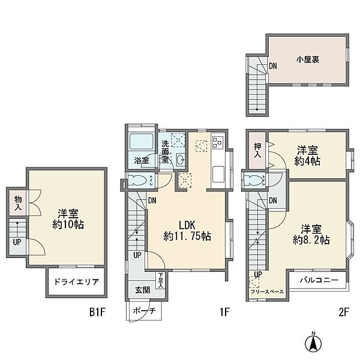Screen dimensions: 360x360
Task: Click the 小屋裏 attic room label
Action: [x=306, y=59]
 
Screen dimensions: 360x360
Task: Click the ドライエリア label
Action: [x=76, y=281]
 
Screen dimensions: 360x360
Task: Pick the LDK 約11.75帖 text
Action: [x=187, y=229]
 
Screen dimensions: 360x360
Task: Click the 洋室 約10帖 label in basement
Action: [x=70, y=219]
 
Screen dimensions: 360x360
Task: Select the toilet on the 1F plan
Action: [x=137, y=181]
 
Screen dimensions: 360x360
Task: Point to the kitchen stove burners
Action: [x=217, y=144]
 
